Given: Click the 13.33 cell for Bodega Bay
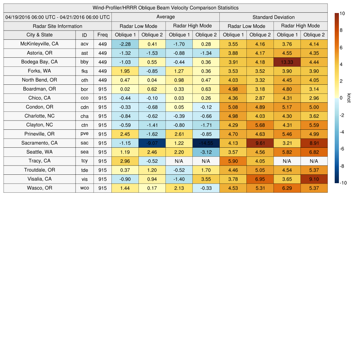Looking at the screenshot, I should (x=287, y=62).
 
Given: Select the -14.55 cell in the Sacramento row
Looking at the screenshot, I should (x=206, y=143).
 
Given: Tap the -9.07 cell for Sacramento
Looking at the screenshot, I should (x=152, y=143).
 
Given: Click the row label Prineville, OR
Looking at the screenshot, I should (x=39, y=134).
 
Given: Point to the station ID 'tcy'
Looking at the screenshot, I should (x=84, y=161).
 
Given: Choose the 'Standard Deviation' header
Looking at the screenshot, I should (x=274, y=17).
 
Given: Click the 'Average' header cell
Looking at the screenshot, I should (x=165, y=17).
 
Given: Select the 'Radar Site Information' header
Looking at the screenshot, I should (x=57, y=26).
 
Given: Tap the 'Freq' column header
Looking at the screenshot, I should (x=102, y=35).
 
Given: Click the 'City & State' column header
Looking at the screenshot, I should (x=39, y=35).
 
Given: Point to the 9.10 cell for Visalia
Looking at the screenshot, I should (x=314, y=179).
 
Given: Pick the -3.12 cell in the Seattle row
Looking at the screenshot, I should (x=206, y=152).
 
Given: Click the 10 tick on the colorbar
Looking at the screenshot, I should (x=342, y=13).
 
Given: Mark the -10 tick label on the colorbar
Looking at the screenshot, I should (x=343, y=183).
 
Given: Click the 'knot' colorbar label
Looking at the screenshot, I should (x=349, y=98).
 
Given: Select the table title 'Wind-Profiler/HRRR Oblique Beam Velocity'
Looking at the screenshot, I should (x=165, y=8).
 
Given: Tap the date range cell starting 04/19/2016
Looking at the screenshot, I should (x=57, y=17).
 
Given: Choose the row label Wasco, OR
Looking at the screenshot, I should (x=39, y=188).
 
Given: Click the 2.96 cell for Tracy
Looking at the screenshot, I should (x=125, y=161).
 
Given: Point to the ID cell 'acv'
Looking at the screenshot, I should (x=84, y=44).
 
